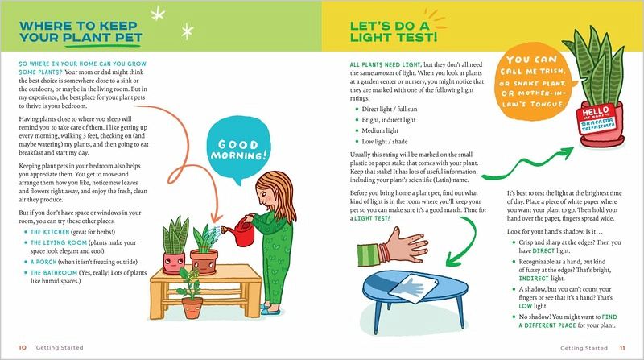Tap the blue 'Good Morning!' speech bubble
(238, 149)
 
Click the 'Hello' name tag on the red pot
(597, 118)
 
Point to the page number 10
(23, 348)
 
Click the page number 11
(622, 348)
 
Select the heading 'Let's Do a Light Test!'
(394, 31)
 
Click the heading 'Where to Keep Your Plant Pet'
(81, 31)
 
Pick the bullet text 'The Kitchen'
(50, 232)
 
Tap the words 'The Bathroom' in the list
(54, 272)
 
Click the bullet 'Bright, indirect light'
(389, 119)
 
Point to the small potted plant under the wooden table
(191, 294)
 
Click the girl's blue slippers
(270, 308)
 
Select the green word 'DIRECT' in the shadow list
(543, 250)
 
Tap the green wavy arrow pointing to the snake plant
(528, 163)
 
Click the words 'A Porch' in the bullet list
(43, 262)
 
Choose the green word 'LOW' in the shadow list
(526, 306)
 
